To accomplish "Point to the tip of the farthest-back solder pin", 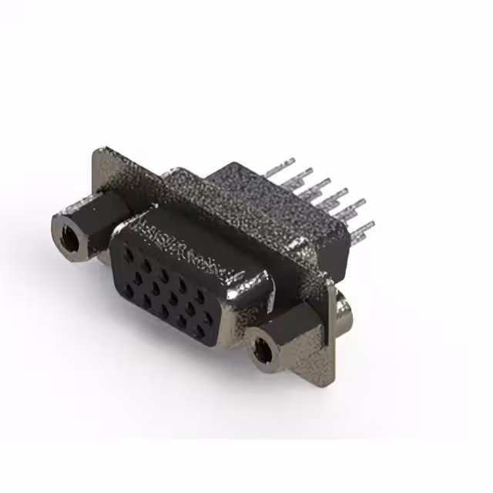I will (x=290, y=163).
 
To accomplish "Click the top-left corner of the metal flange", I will (x=98, y=151).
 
